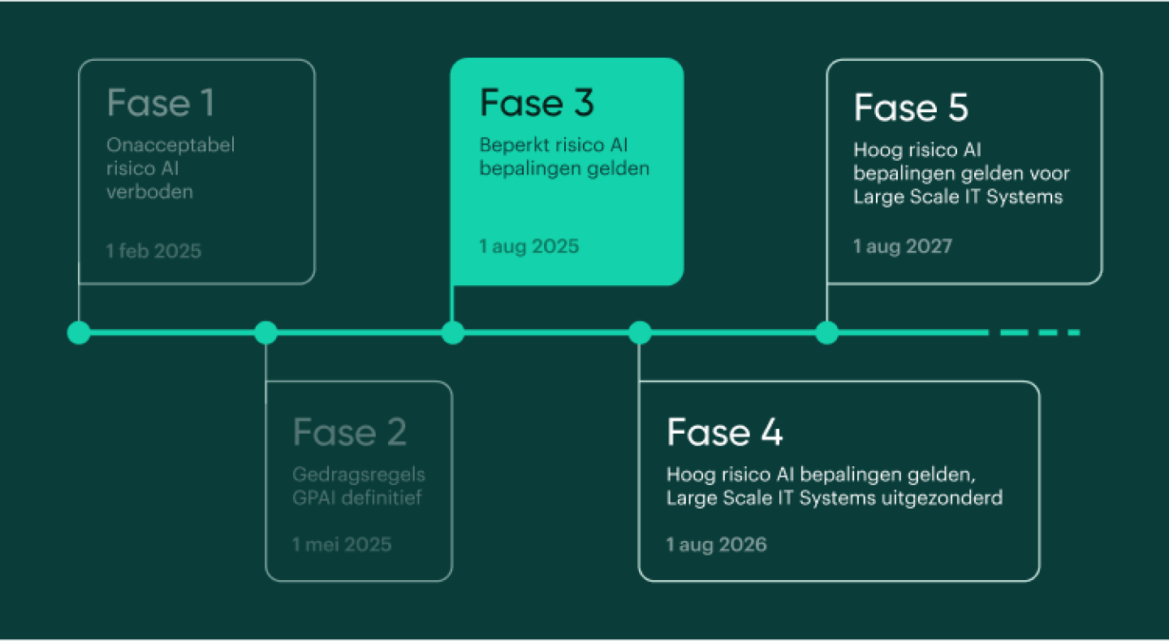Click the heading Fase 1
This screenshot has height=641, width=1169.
click(x=161, y=104)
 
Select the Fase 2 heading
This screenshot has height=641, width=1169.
click(x=349, y=433)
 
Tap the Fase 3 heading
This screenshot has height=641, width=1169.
click(x=537, y=104)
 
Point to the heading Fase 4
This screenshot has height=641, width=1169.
click(x=724, y=433)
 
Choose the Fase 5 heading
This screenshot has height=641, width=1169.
click(x=911, y=108)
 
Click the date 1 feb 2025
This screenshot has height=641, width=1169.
click(x=153, y=250)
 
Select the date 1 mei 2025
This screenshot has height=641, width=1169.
click(x=342, y=544)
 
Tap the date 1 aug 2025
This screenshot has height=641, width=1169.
click(x=529, y=246)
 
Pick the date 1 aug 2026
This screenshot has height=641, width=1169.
click(x=716, y=544)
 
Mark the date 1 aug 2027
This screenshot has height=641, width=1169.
click(x=902, y=246)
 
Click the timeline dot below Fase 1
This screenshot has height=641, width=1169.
click(x=79, y=332)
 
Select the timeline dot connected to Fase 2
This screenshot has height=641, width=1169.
click(x=265, y=332)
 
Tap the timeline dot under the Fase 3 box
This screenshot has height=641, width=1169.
click(x=452, y=332)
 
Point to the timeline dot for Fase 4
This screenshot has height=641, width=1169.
click(x=640, y=332)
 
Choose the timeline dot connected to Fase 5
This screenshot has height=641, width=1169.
click(x=826, y=332)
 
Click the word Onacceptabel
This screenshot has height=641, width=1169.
click(x=170, y=145)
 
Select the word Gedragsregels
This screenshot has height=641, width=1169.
click(x=359, y=474)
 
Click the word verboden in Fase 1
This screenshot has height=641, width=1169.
click(x=150, y=193)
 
